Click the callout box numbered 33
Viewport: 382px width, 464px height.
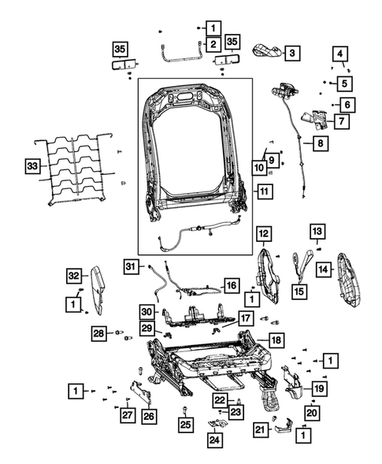pyautogui.click(x=32, y=166)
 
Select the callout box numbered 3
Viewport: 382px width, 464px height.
pyautogui.click(x=291, y=53)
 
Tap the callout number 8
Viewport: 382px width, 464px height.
pyautogui.click(x=321, y=144)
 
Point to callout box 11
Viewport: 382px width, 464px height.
pyautogui.click(x=264, y=191)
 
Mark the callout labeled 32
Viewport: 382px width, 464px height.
pyautogui.click(x=73, y=275)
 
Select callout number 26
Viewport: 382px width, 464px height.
pyautogui.click(x=149, y=415)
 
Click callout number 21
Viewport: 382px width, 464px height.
pyautogui.click(x=260, y=429)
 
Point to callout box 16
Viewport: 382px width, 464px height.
pyautogui.click(x=231, y=284)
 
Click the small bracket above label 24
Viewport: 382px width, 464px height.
pyautogui.click(x=216, y=423)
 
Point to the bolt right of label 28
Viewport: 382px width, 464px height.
pyautogui.click(x=119, y=333)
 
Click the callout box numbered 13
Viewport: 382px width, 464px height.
pyautogui.click(x=316, y=232)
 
